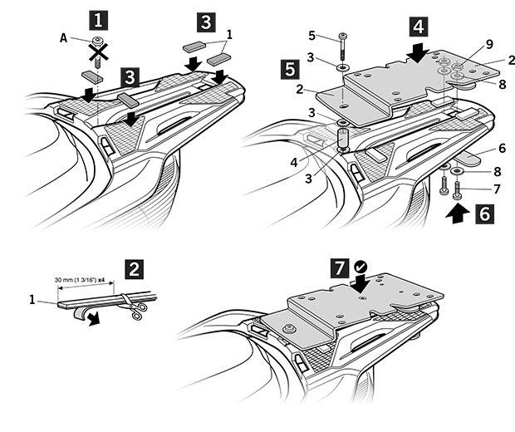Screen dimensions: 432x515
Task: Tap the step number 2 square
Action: (134, 269)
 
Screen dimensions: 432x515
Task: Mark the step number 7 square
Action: (339, 269)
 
